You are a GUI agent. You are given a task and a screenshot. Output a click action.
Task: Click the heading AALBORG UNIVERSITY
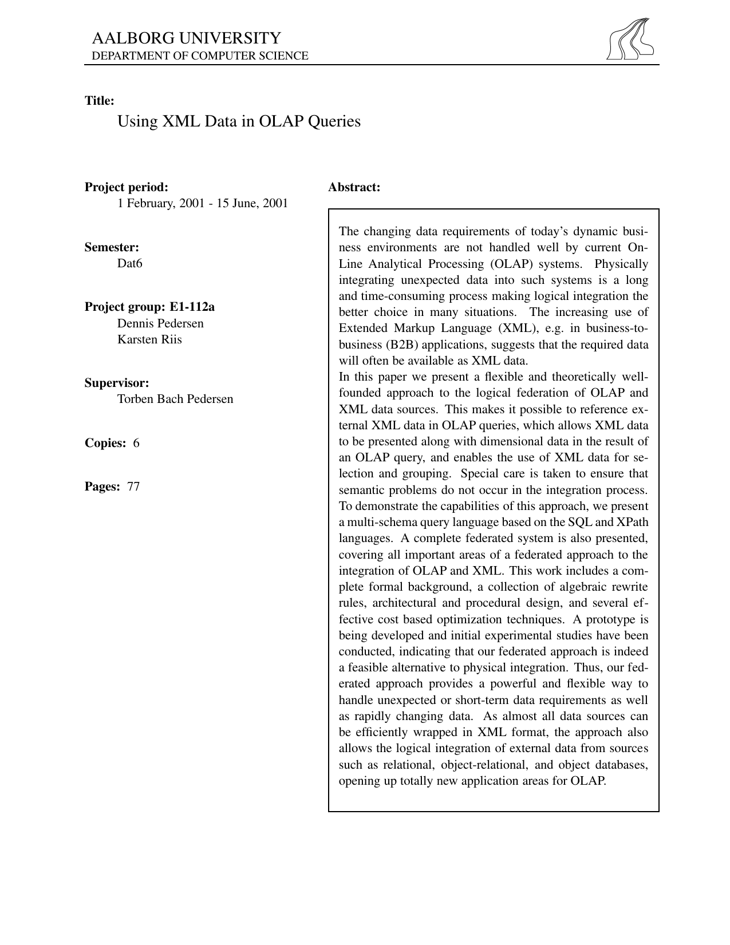click(187, 38)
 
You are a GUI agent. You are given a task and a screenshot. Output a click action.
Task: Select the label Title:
click(100, 101)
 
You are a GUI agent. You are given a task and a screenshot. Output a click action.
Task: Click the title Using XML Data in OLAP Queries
click(239, 121)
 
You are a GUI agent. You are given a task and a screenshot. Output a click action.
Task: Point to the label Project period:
click(127, 187)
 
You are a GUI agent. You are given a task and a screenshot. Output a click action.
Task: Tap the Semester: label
click(112, 247)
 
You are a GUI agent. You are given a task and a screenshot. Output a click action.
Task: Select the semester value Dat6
click(129, 263)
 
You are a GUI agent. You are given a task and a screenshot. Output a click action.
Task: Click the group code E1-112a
click(192, 307)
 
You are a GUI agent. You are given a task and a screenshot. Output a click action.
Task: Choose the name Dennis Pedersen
click(160, 323)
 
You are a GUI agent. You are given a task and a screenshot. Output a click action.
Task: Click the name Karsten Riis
click(149, 339)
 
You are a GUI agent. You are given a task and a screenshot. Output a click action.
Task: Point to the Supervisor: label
click(117, 383)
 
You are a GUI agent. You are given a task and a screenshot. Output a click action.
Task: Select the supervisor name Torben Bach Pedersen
click(175, 399)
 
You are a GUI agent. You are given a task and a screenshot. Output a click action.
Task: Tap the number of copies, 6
click(136, 443)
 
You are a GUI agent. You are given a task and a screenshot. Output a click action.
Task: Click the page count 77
click(133, 487)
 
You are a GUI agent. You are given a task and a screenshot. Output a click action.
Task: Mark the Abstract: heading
click(354, 187)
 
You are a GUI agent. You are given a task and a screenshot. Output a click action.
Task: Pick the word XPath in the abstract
click(632, 522)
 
